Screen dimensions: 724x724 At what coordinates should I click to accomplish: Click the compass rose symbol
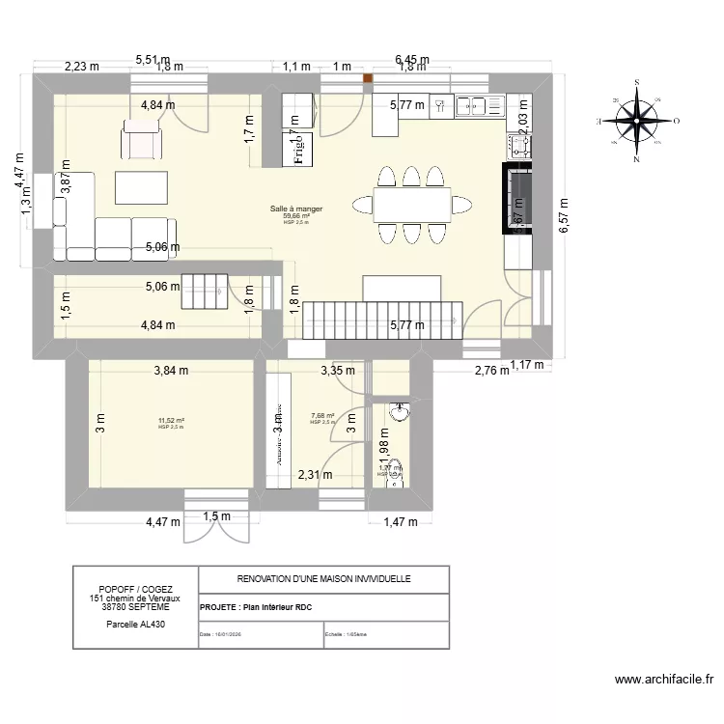[637, 121]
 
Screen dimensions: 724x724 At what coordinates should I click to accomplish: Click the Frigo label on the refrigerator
[297, 150]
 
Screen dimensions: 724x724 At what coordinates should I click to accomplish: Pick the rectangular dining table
[409, 204]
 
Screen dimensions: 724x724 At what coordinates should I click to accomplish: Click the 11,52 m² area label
[172, 421]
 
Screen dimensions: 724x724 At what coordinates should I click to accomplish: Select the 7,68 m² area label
[322, 417]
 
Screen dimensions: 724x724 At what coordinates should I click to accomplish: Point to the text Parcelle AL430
[135, 625]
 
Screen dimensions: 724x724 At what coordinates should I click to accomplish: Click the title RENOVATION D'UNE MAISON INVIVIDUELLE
[323, 579]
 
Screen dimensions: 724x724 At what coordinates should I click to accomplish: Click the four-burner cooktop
[519, 146]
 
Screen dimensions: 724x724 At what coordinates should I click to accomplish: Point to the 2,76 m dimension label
[489, 370]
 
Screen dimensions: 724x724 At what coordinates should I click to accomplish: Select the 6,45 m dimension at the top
[412, 60]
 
